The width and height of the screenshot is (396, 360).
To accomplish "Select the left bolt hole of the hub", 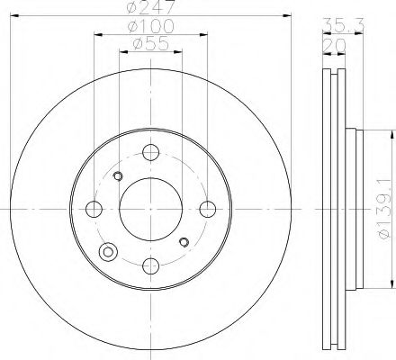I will (94, 209).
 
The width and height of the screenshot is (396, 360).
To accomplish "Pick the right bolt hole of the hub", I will (209, 209).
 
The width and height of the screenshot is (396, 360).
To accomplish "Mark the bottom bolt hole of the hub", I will (151, 265).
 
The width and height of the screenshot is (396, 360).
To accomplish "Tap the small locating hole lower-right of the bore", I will (184, 241).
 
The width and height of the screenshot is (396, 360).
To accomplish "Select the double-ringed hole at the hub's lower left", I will (110, 251).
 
